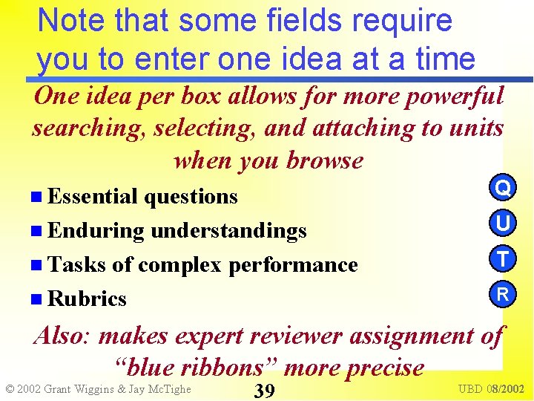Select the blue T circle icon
(x=503, y=259)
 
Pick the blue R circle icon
(x=503, y=294)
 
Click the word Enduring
(x=96, y=231)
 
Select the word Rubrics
(x=87, y=299)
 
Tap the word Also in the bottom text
(x=62, y=336)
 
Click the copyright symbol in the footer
(x=10, y=389)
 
